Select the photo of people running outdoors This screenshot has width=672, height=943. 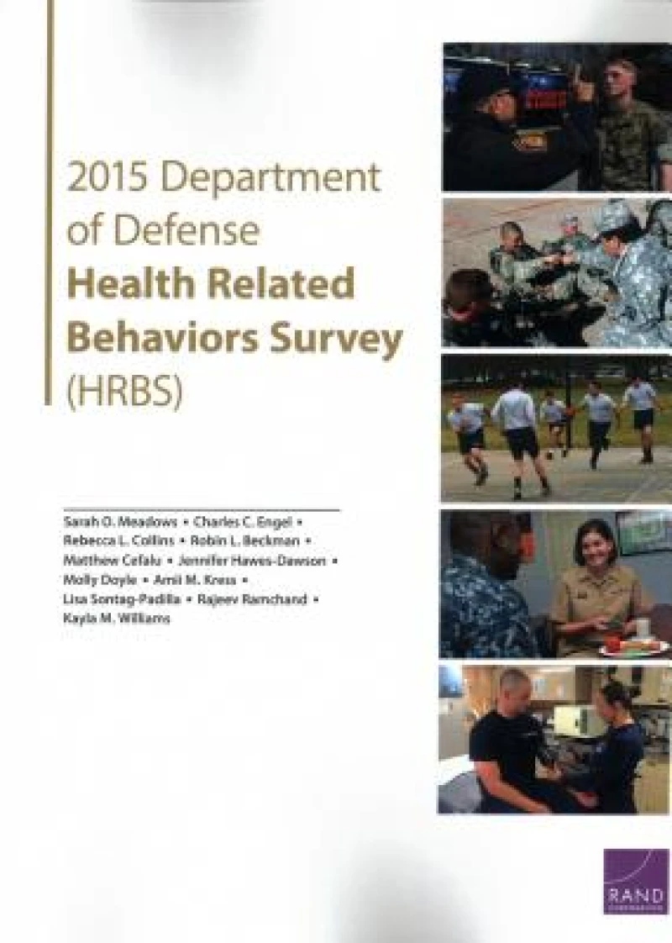555,428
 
